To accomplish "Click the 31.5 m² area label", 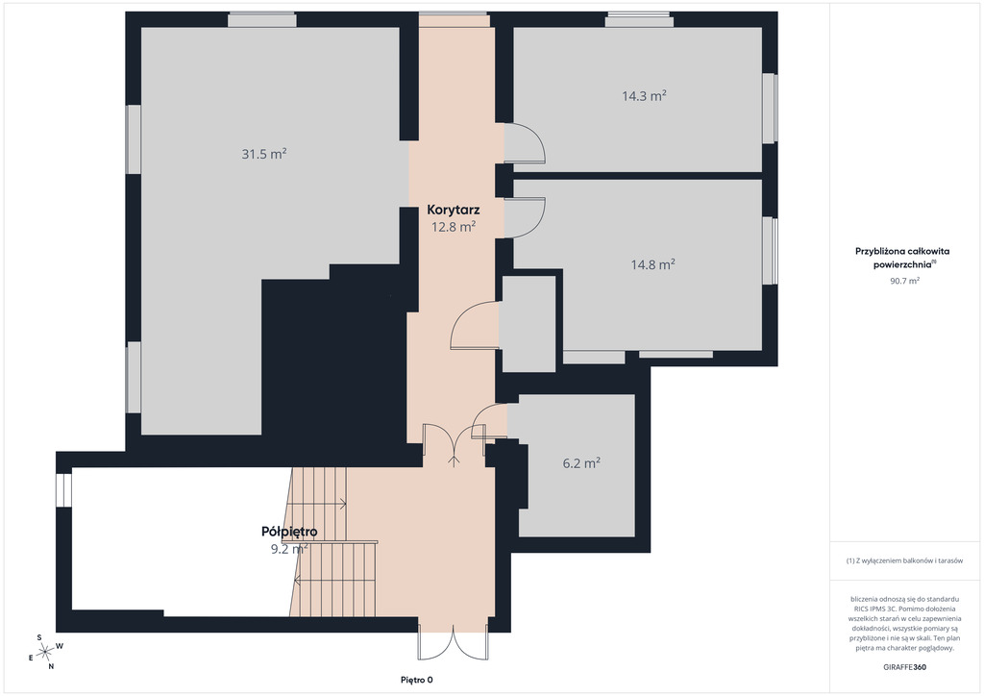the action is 264,154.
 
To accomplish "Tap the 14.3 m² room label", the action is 644,96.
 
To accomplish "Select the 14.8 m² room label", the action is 652,264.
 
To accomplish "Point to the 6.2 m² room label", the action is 581,463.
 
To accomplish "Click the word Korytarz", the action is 454,210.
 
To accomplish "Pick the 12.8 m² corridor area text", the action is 454,227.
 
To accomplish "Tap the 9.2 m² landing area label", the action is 288,550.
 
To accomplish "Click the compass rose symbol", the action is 45,653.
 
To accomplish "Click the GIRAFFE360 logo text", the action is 904,667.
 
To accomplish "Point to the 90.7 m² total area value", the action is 904,281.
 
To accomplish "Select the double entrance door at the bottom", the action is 454,640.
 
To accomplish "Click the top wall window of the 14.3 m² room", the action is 639,20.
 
